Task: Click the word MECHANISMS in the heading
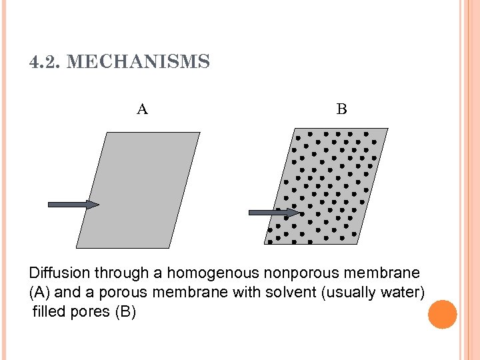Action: coord(139,63)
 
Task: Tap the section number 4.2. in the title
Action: coord(46,63)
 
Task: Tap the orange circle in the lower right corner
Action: coord(443,315)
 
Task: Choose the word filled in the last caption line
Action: coord(48,311)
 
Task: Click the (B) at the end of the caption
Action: coord(125,311)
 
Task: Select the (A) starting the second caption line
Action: coord(39,292)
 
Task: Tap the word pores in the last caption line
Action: coord(90,311)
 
